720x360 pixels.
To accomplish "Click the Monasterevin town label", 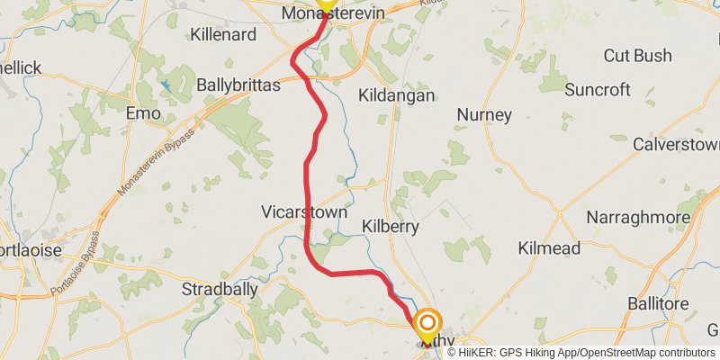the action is pos(333,14).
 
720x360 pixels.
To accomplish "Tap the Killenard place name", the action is pos(224,35).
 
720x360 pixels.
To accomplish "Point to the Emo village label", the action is pos(143,114).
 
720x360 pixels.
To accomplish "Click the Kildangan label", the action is pos(396,95).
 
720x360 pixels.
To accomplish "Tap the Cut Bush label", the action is pos(637,56).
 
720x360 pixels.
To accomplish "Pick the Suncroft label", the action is pos(598,89).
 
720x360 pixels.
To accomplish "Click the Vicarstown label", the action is pos(303,212).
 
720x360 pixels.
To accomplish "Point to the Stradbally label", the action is pos(220,290).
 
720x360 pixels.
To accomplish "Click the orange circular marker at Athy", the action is pos(427,322).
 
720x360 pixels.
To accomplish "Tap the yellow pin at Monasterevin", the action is pos(325,4).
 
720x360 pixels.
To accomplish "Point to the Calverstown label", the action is pos(676,144).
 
